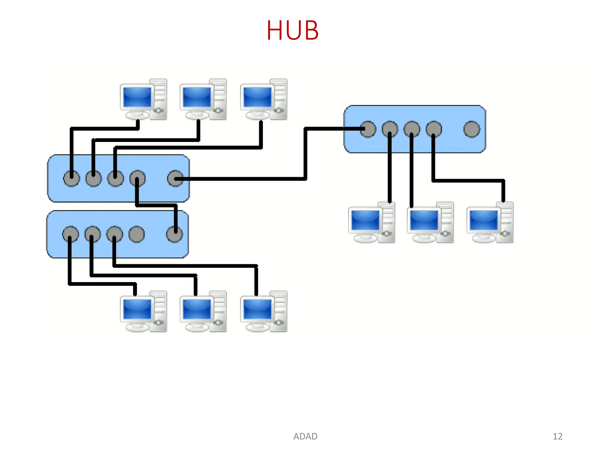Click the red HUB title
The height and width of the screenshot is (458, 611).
[x=292, y=30]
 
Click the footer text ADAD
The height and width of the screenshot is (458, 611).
[x=305, y=436]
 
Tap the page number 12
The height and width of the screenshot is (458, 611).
[x=557, y=436]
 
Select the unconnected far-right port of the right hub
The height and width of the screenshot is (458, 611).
[x=472, y=129]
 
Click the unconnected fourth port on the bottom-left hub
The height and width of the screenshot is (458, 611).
[x=137, y=234]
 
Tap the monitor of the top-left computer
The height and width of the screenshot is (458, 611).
[x=137, y=97]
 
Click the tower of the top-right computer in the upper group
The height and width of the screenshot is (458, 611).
[x=279, y=99]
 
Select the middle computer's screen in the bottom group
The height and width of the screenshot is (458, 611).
[x=197, y=309]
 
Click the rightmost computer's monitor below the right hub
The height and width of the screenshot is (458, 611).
[x=483, y=220]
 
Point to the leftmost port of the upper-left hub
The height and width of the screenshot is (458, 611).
[x=72, y=179]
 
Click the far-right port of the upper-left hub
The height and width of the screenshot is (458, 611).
[x=175, y=179]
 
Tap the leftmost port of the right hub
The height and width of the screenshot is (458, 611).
[x=368, y=129]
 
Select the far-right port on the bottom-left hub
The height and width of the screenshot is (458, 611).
[x=175, y=234]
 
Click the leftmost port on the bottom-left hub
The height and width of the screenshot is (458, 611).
[x=71, y=234]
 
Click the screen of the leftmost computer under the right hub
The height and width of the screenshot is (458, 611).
[x=365, y=220]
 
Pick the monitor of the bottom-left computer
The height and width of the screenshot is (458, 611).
[x=137, y=309]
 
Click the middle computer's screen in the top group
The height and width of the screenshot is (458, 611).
[x=197, y=97]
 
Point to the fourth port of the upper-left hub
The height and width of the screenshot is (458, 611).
[x=138, y=179]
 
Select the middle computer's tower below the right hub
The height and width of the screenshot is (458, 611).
[x=445, y=222]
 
